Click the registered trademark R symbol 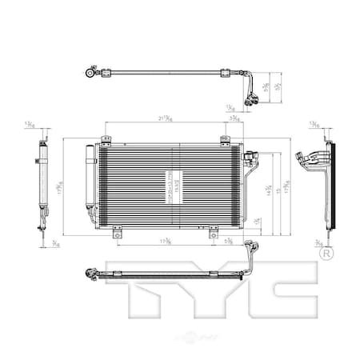pos(326,254)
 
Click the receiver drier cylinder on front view pos(90,186)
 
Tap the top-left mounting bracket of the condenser pos(105,142)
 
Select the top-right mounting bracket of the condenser pos(224,142)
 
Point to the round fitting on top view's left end pos(90,72)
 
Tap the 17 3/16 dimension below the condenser pos(163,240)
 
